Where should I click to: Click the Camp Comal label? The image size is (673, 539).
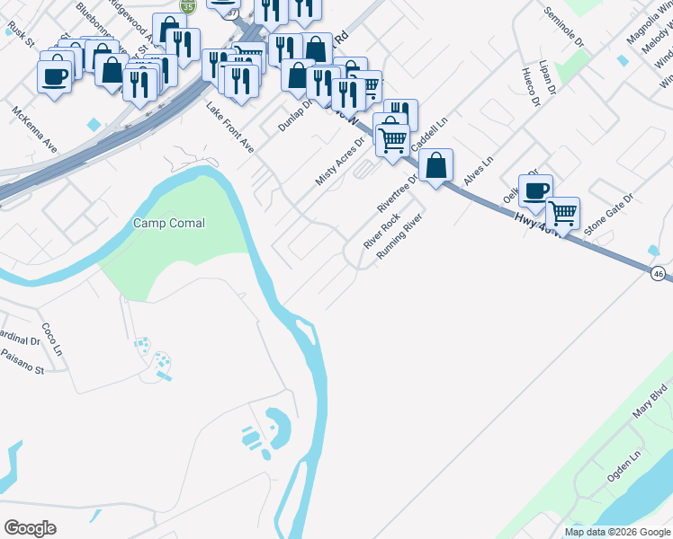pos(169,223)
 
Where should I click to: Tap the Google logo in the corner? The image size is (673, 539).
pos(30,528)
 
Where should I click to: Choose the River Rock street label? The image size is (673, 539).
pos(381,232)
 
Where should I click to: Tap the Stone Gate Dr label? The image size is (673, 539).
pos(609,214)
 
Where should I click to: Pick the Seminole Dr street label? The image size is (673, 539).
pos(565,27)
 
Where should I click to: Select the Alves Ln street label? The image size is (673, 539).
pos(479,172)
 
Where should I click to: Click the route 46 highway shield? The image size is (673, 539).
pos(660,273)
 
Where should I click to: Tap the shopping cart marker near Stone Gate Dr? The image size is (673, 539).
pos(562,213)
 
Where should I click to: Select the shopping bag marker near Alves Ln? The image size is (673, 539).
pos(435,165)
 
